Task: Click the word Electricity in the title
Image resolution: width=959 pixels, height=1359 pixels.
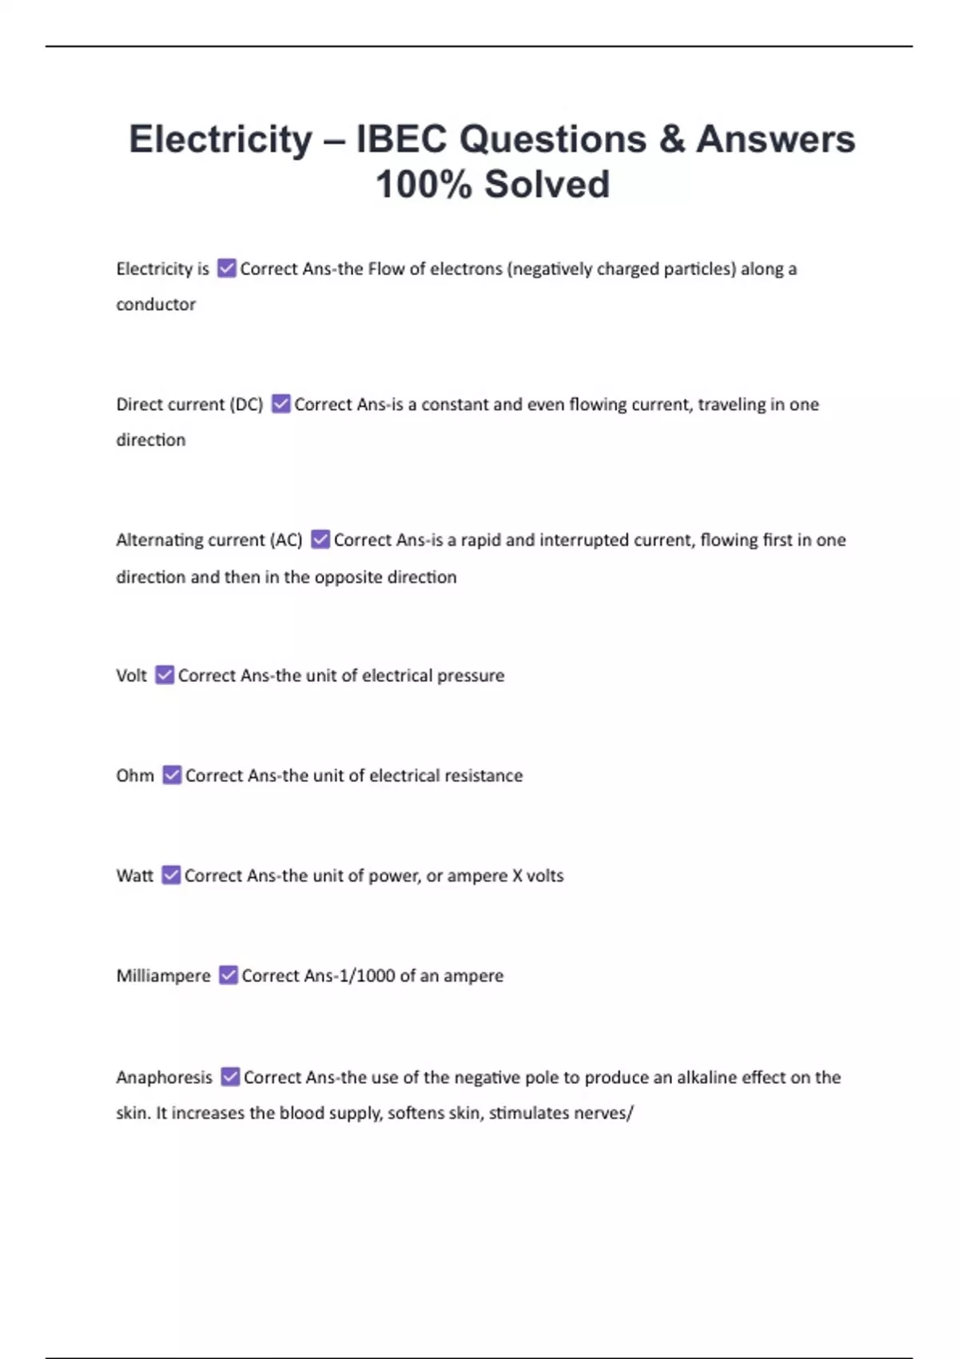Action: pos(221,139)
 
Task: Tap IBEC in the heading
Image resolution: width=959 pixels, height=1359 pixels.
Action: pos(401,139)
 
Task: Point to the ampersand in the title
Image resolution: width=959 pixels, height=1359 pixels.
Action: pos(672,139)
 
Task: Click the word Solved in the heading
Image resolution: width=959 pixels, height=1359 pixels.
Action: pos(547,185)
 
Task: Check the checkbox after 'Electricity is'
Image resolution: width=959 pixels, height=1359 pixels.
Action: pos(227,269)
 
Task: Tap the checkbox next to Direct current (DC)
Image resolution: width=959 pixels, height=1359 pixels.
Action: pos(281,405)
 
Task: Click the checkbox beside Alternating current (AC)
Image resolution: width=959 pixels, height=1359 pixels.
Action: pos(320,540)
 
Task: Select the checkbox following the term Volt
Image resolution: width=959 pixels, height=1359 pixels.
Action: pos(165,676)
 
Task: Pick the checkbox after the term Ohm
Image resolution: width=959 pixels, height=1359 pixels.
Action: pos(172,775)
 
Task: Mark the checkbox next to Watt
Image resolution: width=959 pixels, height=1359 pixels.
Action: pos(171,875)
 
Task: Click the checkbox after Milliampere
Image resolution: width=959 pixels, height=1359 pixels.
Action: pos(229,975)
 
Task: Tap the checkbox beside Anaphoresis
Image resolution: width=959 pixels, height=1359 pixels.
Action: pos(230,1077)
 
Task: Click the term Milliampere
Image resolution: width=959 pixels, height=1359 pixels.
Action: pos(163,976)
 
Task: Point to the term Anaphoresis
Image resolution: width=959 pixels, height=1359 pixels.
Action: pos(164,1078)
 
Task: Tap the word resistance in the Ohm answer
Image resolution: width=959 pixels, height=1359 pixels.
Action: pos(483,775)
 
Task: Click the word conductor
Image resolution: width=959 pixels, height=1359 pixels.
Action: pos(156,305)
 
